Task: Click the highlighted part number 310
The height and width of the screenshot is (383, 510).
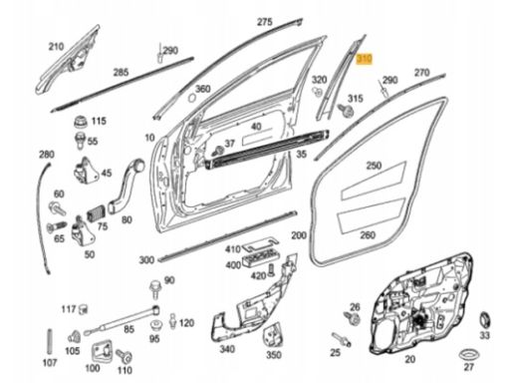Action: [x=365, y=60]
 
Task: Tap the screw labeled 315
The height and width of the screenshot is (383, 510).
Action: [x=345, y=111]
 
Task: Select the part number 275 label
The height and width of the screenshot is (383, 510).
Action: [x=265, y=22]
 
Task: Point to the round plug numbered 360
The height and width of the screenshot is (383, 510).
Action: [x=192, y=98]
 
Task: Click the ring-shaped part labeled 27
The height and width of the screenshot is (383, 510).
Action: [x=468, y=355]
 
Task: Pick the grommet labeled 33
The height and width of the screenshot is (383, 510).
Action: [x=485, y=320]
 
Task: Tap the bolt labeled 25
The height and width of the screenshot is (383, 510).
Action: [x=342, y=339]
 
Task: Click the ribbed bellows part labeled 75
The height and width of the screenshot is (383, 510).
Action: [x=97, y=212]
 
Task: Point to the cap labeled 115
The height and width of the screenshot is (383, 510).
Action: [x=81, y=122]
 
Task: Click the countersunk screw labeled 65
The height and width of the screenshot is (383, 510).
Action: [x=57, y=227]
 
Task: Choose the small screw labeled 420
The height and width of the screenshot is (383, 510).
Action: [x=271, y=269]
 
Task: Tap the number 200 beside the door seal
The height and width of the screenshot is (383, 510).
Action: [x=299, y=235]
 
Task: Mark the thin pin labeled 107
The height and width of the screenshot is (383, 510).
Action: [x=50, y=342]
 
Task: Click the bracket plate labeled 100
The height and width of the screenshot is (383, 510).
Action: [x=102, y=352]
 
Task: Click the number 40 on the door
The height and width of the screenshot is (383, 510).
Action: [x=256, y=127]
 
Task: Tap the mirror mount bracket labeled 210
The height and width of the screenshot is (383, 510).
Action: [x=69, y=61]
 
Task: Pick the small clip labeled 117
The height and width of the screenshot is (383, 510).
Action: [x=83, y=309]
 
